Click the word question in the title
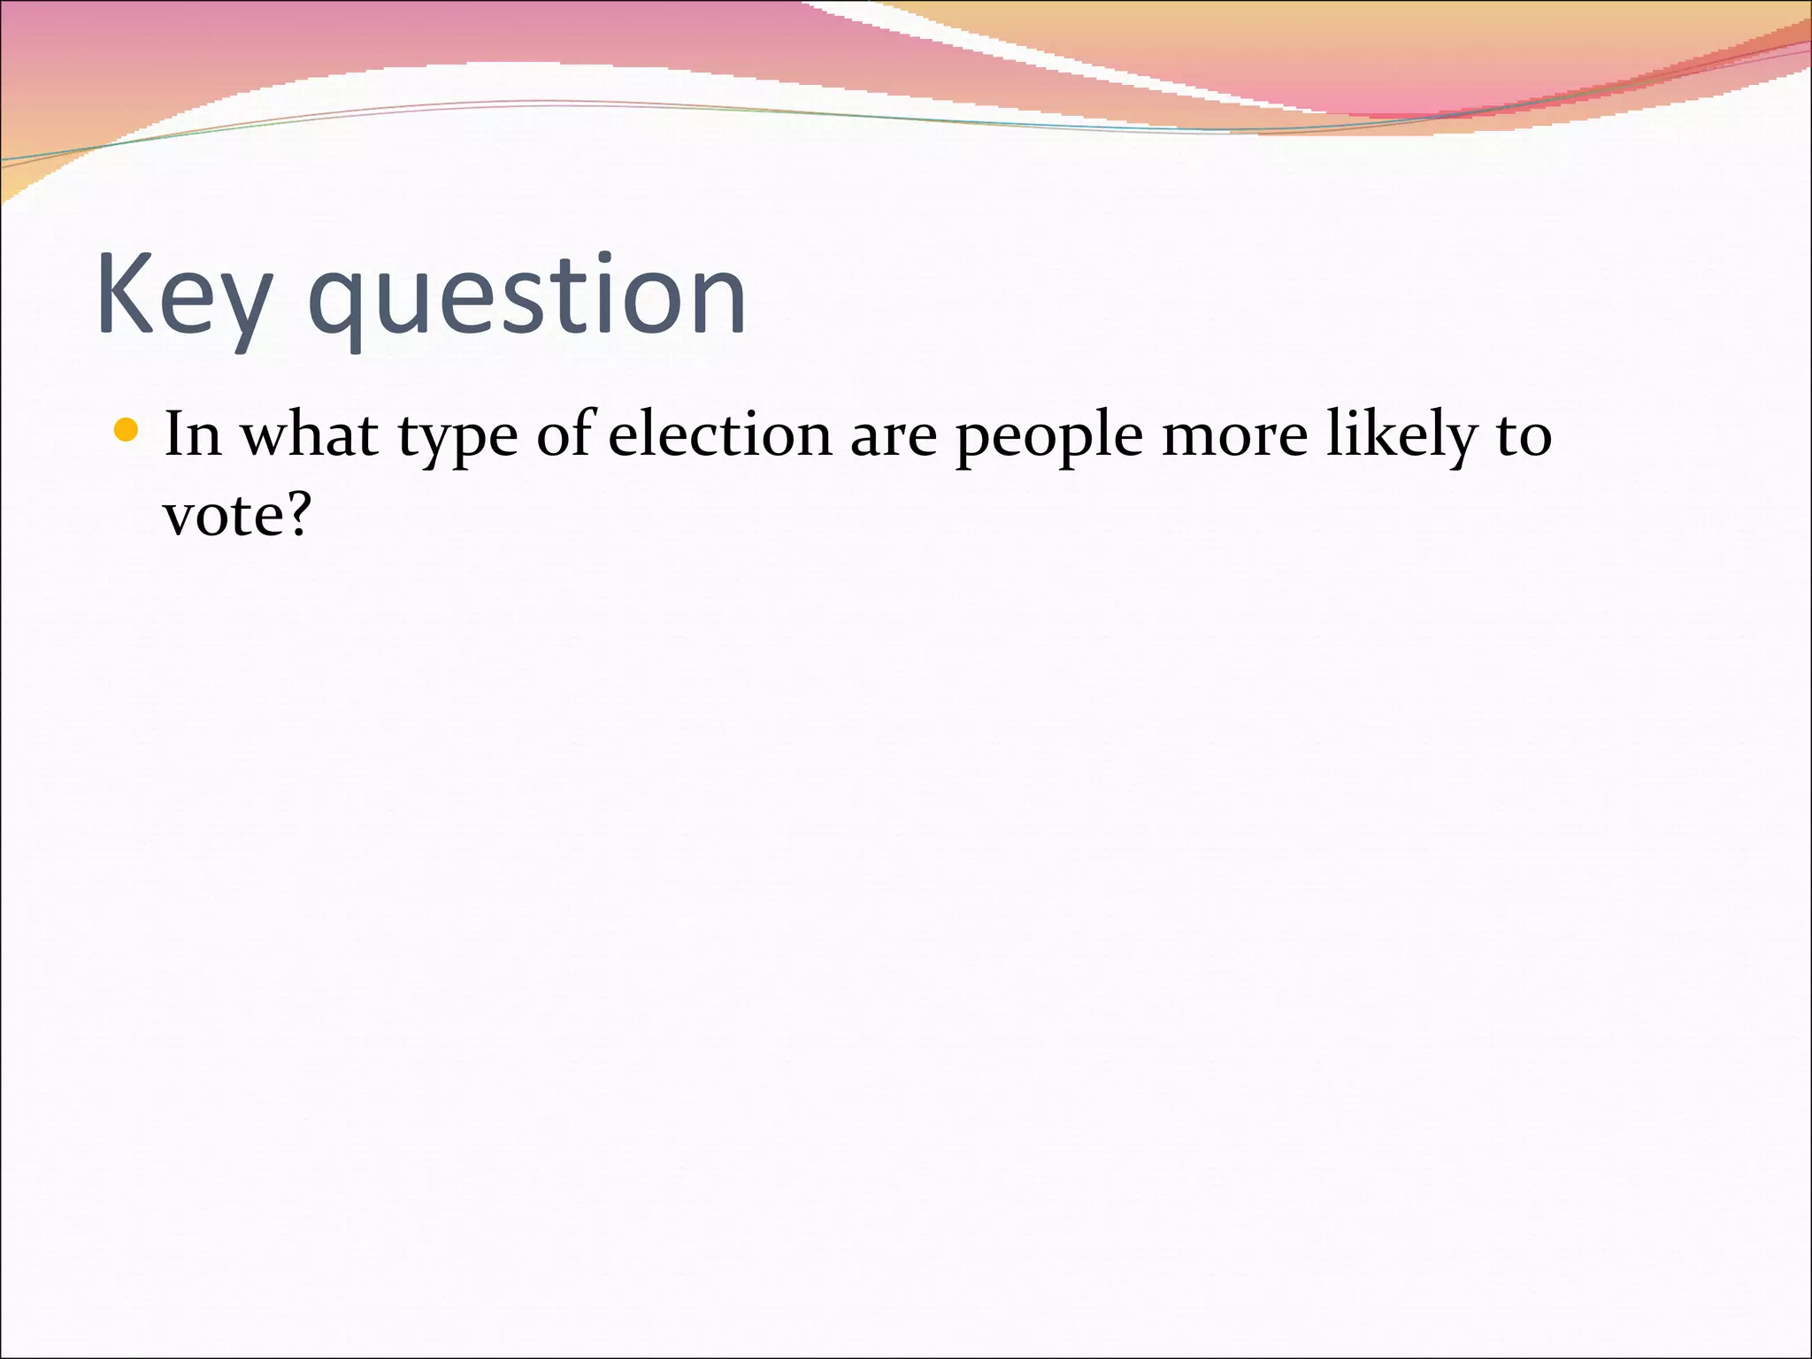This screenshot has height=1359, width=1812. point(527,296)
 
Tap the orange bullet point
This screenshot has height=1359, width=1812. point(127,430)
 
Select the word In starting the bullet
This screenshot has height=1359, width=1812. point(192,434)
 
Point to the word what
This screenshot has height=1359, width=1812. point(310,434)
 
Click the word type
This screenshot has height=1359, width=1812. point(457,439)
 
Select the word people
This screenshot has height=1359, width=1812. point(1049,439)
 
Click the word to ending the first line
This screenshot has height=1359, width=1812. point(1524,436)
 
